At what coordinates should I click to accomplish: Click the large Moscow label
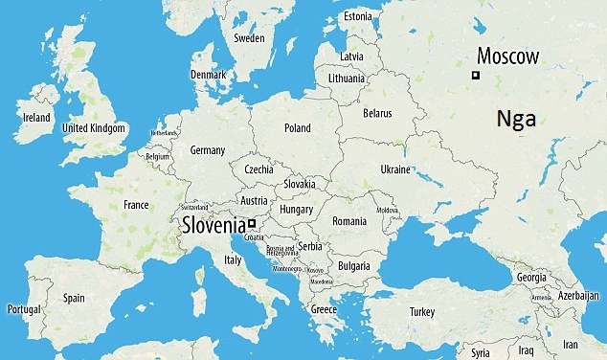point(508,56)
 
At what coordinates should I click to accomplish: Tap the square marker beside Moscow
point(475,75)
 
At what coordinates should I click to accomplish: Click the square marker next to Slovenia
point(252,224)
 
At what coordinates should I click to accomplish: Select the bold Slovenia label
point(214,226)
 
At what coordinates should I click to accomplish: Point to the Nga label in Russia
point(516,120)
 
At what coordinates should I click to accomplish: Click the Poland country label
point(297,127)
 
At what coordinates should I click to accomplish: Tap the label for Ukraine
point(395,169)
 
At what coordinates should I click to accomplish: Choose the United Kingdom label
point(93,127)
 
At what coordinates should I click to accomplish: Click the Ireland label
point(36,118)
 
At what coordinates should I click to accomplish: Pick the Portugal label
point(24,309)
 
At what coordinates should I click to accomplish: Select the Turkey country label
point(421,312)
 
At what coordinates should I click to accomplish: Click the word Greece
point(324,309)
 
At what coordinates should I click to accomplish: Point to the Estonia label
point(357,16)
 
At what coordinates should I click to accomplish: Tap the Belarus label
point(377,113)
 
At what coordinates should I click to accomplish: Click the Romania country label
point(348,221)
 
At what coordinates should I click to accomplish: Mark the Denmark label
point(208,75)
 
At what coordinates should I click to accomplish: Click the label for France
point(136,205)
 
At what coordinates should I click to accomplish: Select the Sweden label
point(249,38)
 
